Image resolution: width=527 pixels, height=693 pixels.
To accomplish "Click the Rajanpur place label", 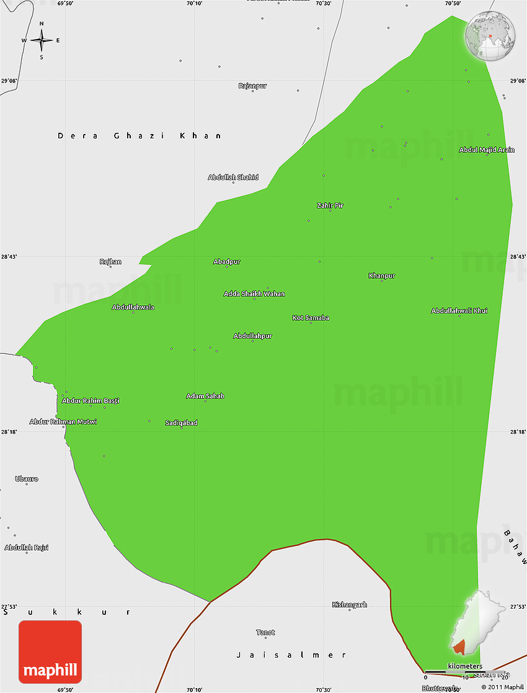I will click(x=252, y=86).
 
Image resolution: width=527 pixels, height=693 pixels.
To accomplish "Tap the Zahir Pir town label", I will click(x=330, y=205).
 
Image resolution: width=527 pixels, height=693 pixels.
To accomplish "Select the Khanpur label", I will click(x=381, y=275).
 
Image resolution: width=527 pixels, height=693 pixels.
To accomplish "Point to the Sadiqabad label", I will click(x=181, y=423).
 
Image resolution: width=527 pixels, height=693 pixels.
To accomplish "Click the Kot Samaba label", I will click(x=311, y=318).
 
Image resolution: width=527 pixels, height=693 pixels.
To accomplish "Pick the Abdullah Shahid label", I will click(x=233, y=177).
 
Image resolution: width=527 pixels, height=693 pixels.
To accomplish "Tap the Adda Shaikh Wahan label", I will click(x=254, y=293).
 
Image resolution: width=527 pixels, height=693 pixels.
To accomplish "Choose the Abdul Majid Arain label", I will click(x=487, y=150).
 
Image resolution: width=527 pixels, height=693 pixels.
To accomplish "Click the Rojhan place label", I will click(x=110, y=262).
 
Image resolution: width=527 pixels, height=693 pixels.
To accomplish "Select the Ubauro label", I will click(x=27, y=479).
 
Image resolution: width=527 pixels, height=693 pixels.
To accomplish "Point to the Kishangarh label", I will click(x=350, y=604).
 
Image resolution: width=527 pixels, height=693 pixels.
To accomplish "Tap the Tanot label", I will click(x=265, y=632).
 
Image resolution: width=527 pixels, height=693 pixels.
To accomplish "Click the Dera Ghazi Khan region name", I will click(x=139, y=135).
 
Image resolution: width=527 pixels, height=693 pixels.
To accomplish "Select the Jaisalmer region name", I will click(x=291, y=655).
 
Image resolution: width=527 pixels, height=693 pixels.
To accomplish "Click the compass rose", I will click(x=42, y=41).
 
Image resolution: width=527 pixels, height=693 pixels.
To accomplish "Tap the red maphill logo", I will click(x=50, y=652).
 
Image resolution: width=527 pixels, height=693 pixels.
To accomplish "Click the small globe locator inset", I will click(x=490, y=37).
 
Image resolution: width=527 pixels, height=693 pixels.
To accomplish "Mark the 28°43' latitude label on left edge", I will click(x=9, y=257).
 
